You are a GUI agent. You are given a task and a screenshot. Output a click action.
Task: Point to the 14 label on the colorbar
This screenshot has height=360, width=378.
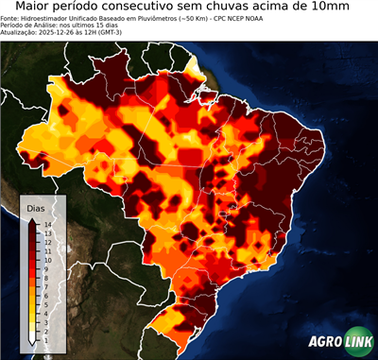(x=46, y=224)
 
